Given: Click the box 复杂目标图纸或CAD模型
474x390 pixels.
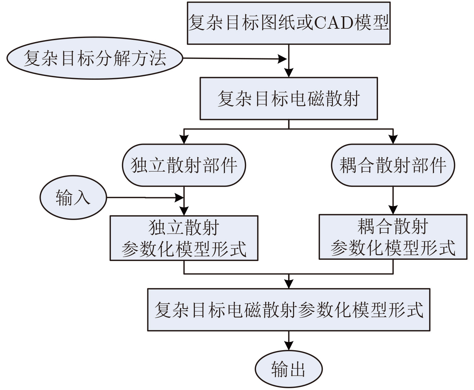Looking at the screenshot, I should (x=289, y=23).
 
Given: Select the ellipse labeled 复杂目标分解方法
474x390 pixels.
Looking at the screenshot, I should (x=95, y=58).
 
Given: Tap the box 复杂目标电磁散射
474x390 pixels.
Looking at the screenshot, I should (x=289, y=98).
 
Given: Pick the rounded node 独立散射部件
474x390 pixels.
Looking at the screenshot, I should (x=184, y=165).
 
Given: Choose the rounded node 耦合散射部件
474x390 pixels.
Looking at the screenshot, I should (x=393, y=165).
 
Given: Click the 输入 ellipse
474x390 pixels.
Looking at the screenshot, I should (x=73, y=197).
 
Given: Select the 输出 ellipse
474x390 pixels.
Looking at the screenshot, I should (x=288, y=369).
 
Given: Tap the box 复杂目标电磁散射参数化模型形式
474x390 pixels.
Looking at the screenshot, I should (x=289, y=310).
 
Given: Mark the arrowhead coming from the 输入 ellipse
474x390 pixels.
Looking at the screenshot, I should (x=179, y=197).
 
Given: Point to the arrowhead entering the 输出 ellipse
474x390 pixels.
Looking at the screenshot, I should (x=289, y=346).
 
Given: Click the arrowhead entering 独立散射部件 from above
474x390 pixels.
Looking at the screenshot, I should (x=184, y=139).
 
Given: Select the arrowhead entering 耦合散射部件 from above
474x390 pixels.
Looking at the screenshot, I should (x=393, y=139).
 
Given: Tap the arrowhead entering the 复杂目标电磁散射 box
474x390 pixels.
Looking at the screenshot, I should (x=289, y=73).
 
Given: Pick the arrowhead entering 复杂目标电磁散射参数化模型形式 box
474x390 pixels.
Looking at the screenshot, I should (x=289, y=284).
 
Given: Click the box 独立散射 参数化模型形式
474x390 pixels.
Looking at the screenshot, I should (x=184, y=238).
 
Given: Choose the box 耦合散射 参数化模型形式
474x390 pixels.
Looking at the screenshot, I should (x=393, y=237).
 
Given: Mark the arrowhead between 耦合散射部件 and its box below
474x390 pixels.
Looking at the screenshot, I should (x=393, y=210).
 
